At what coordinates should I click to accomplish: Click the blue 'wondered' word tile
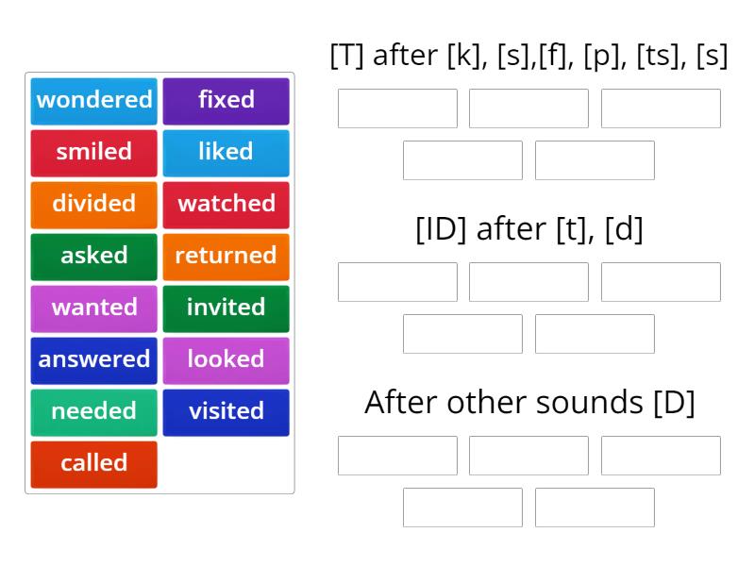[93, 100]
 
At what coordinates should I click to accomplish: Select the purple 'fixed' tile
[226, 100]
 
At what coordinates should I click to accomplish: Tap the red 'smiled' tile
[93, 152]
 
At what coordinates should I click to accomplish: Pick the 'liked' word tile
[226, 152]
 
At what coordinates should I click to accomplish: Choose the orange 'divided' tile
[93, 204]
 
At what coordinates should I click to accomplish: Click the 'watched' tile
[226, 204]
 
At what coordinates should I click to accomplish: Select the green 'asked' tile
[93, 256]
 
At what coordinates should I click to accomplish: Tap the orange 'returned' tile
[226, 256]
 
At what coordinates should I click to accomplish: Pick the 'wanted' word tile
[93, 308]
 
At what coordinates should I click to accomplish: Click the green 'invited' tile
[226, 308]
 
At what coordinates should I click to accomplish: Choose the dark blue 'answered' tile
[93, 359]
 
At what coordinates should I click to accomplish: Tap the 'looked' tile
[226, 359]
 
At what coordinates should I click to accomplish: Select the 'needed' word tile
[93, 411]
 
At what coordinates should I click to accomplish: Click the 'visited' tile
[226, 411]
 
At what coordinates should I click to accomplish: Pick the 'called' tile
[93, 463]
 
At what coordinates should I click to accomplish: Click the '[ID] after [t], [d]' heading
[528, 229]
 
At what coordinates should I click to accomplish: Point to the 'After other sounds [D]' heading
[528, 403]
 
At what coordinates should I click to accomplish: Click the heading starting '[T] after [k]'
[528, 56]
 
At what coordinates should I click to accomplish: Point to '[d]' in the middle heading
[623, 229]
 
